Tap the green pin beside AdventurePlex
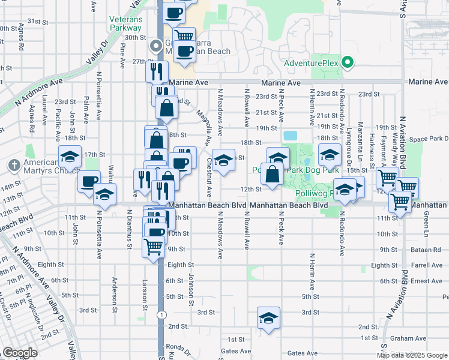347,62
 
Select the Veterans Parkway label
125,23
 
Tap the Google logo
20,353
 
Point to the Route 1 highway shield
161,314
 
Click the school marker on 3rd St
268,318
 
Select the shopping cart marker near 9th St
154,245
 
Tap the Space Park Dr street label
426,139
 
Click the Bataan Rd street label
427,249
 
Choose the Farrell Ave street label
427,265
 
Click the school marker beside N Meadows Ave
224,160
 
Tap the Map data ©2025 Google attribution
412,355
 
